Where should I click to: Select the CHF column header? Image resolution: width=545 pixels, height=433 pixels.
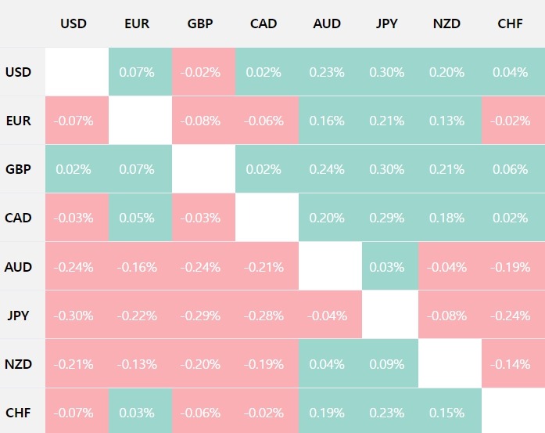(511, 23)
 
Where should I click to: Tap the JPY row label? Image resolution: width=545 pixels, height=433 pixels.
(18, 316)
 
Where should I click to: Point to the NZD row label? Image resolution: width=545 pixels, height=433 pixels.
(18, 364)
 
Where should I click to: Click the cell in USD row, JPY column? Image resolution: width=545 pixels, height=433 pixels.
(387, 72)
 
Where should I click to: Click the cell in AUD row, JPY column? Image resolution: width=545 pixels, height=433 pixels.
(387, 267)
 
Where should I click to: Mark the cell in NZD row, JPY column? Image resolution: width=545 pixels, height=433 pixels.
(387, 364)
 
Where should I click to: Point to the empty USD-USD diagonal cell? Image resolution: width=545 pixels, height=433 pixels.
(76, 72)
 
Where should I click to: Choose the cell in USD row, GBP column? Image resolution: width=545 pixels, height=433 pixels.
(203, 72)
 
